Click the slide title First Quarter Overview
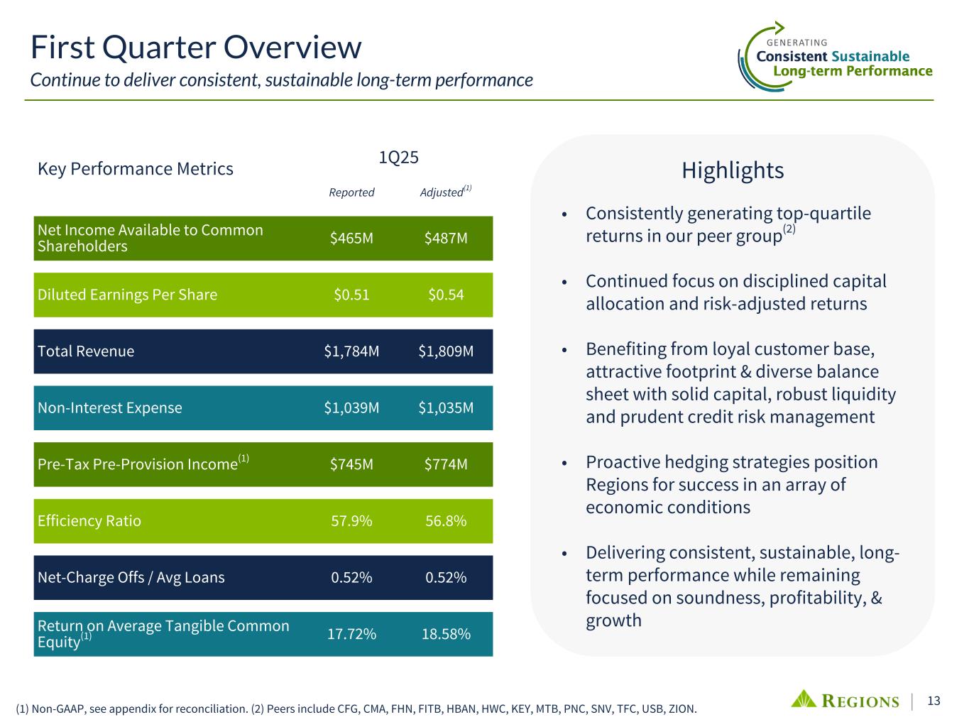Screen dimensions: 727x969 (196, 48)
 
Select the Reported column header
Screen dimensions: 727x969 (351, 192)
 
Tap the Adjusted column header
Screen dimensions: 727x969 (442, 192)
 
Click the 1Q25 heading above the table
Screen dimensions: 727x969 (398, 158)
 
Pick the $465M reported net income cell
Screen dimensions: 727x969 (351, 239)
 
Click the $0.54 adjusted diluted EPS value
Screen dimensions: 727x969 (446, 295)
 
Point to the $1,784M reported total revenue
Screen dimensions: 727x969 (351, 351)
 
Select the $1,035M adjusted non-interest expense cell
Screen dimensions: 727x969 (446, 408)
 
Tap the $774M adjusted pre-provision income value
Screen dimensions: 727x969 (446, 464)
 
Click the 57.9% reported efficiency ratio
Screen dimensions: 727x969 (351, 521)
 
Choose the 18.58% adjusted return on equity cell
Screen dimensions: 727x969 (446, 634)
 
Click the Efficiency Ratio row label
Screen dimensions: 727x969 (89, 521)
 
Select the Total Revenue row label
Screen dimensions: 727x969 (86, 351)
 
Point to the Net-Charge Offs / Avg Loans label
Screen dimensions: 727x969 (131, 578)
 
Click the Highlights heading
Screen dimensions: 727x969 (733, 170)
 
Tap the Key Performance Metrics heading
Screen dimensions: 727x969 (136, 169)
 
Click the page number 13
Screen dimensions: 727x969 (934, 701)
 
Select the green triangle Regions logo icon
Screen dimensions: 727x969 (804, 699)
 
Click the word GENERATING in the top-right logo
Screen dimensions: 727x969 (797, 43)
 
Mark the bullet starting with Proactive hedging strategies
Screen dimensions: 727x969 (731, 484)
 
